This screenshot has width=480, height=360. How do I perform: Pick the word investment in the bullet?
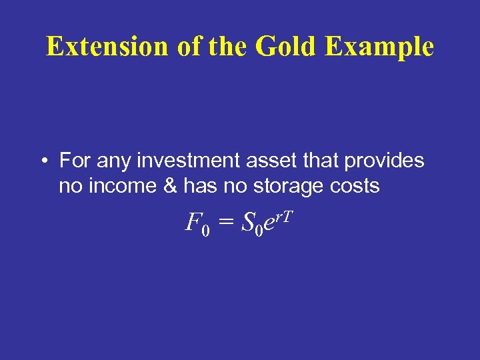click(x=183, y=161)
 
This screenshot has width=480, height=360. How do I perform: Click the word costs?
click(x=356, y=187)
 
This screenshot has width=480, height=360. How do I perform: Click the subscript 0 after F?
click(x=205, y=231)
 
